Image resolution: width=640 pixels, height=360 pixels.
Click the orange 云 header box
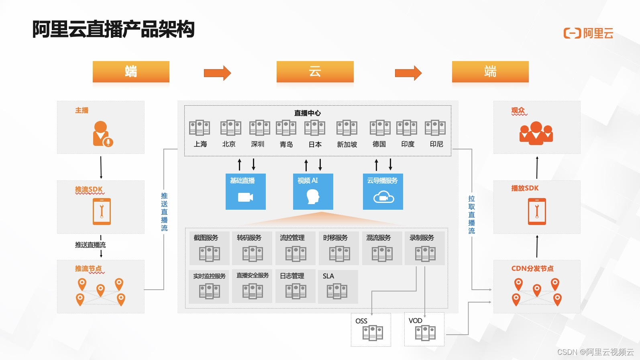click(x=315, y=72)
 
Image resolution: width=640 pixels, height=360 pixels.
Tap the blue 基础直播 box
click(x=245, y=191)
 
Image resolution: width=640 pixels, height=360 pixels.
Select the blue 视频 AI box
click(x=313, y=191)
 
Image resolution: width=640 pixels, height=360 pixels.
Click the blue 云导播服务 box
click(x=383, y=191)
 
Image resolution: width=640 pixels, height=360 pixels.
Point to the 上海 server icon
click(x=200, y=128)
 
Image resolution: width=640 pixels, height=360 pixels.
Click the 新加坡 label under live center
click(x=347, y=144)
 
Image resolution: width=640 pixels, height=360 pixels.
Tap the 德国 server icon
click(x=380, y=128)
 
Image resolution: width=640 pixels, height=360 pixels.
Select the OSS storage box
click(x=371, y=330)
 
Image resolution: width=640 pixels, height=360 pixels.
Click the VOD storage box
click(x=424, y=329)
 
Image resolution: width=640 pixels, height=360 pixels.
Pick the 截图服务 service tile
click(x=209, y=248)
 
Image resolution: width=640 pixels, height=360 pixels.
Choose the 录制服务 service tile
click(x=424, y=248)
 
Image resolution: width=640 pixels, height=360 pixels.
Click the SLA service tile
click(x=337, y=286)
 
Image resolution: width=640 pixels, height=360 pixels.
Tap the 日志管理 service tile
click(x=295, y=286)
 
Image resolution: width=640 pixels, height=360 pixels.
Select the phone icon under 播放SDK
click(x=537, y=211)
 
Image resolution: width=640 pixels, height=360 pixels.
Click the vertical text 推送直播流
click(x=164, y=212)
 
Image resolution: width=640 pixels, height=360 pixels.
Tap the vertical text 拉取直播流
click(x=471, y=215)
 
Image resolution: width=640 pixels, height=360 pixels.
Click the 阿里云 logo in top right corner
click(x=589, y=33)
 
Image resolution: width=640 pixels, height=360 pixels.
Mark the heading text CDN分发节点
click(x=532, y=268)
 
